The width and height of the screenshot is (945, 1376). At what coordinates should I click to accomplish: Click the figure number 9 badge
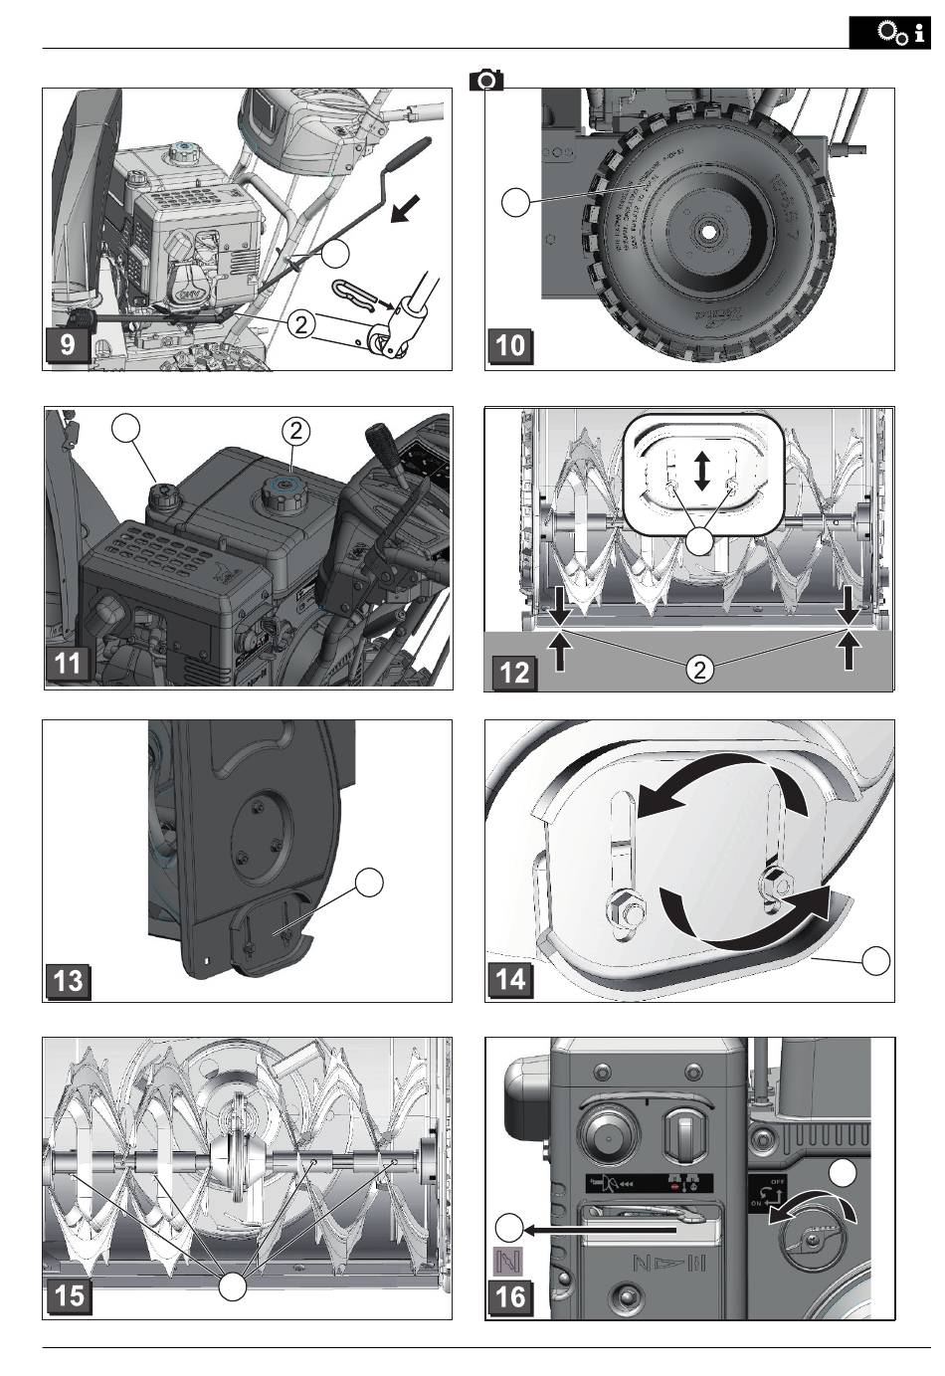68,347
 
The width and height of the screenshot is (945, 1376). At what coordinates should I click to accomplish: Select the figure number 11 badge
68,663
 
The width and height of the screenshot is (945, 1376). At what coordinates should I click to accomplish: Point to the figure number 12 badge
513,673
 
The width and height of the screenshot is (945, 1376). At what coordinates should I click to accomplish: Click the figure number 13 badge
68,980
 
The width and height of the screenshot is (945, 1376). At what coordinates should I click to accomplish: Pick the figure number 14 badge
509,979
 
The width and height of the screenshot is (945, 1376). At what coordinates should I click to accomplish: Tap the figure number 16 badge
509,1296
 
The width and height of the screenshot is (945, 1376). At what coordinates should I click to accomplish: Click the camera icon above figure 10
487,80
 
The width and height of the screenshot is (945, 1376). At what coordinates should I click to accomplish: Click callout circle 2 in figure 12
700,670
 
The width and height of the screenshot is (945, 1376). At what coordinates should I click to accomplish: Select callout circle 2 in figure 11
295,431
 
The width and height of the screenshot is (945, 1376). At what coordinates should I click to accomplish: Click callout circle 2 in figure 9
302,322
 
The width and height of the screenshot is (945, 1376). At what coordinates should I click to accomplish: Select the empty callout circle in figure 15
233,1285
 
